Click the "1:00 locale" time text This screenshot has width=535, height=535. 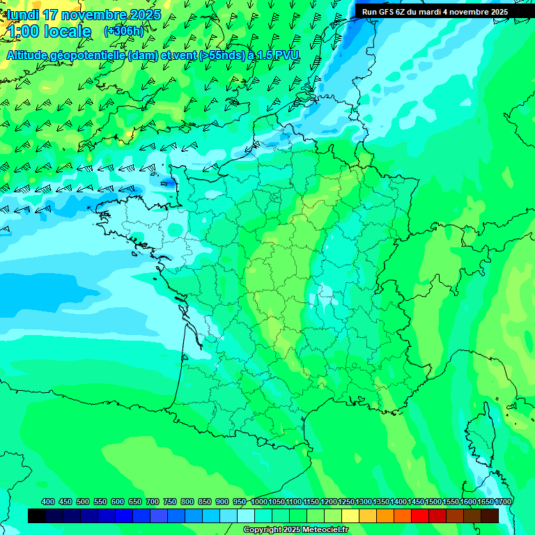pyautogui.click(x=49, y=31)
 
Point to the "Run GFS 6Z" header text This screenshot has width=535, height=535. pyautogui.click(x=384, y=11)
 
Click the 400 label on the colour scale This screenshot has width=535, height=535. pyautogui.click(x=48, y=502)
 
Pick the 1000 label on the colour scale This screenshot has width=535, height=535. pyautogui.click(x=258, y=502)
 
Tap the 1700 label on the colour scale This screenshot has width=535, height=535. pyautogui.click(x=503, y=502)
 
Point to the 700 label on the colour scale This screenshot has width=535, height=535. pyautogui.click(x=153, y=502)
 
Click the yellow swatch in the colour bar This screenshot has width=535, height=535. pyautogui.click(x=350, y=515)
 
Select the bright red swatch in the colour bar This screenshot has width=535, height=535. pyautogui.click(x=420, y=515)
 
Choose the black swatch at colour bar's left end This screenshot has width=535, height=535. pyautogui.click(x=37, y=515)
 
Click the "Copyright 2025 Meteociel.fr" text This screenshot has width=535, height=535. pyautogui.click(x=295, y=530)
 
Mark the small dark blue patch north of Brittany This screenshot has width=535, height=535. pyautogui.click(x=168, y=183)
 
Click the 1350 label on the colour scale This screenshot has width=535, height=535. pyautogui.click(x=381, y=502)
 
